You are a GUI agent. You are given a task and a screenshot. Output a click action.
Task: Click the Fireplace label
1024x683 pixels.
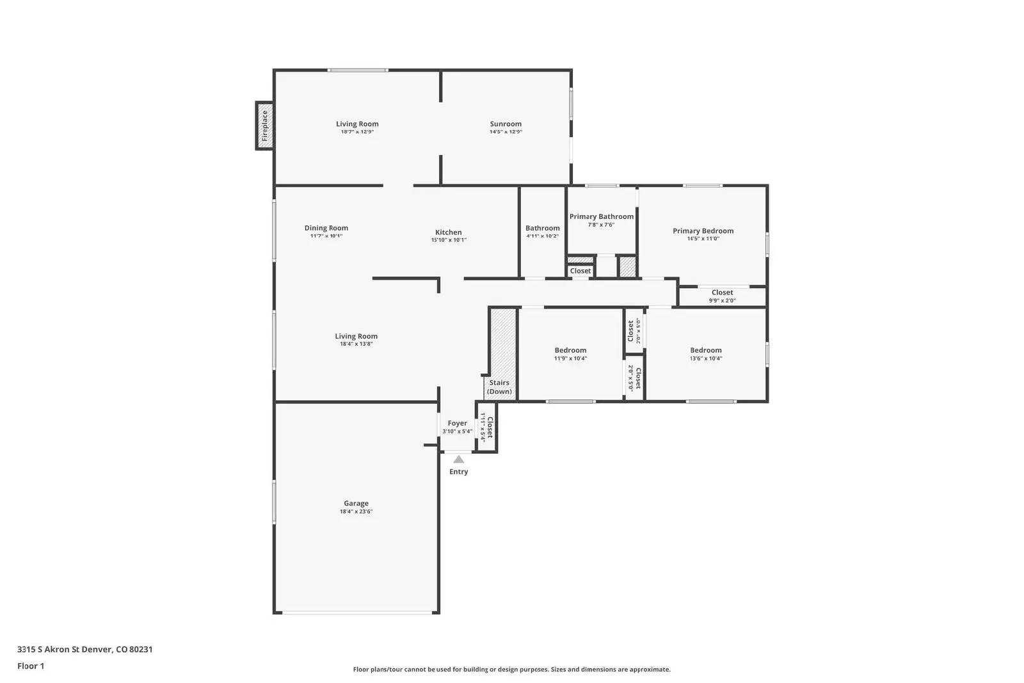click(264, 126)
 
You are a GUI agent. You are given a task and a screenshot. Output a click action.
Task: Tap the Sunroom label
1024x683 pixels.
click(506, 124)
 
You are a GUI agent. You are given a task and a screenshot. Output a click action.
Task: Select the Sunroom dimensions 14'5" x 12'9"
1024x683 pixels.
click(506, 132)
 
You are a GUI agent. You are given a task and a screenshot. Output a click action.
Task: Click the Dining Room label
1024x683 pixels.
click(326, 228)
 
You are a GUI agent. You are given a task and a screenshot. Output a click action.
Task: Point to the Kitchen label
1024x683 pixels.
click(448, 232)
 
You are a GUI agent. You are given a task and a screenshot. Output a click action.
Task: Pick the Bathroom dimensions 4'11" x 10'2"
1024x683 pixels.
click(542, 236)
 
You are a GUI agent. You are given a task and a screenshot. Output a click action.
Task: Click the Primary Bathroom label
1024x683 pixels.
click(601, 216)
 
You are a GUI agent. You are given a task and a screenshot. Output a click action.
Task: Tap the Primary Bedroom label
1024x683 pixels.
click(703, 230)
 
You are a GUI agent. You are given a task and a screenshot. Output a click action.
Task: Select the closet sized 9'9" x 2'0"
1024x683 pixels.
click(722, 296)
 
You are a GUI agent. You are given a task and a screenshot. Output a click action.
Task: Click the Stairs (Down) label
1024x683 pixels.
click(499, 387)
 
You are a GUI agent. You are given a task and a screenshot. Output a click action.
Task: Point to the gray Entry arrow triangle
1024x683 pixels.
click(458, 459)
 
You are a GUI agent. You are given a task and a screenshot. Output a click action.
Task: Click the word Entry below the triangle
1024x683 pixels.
click(458, 472)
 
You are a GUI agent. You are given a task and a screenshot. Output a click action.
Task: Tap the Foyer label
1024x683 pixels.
click(457, 423)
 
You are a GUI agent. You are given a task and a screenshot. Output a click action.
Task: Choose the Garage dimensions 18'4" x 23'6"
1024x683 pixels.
click(356, 511)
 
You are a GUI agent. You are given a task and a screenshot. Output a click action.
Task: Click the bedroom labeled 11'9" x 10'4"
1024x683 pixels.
click(570, 354)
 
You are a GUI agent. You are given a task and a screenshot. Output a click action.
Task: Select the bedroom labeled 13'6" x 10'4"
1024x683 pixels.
click(705, 354)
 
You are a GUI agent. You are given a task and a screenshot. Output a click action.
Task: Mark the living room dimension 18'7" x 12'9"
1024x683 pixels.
click(357, 132)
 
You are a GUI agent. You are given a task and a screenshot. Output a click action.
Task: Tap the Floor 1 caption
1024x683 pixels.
click(31, 666)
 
